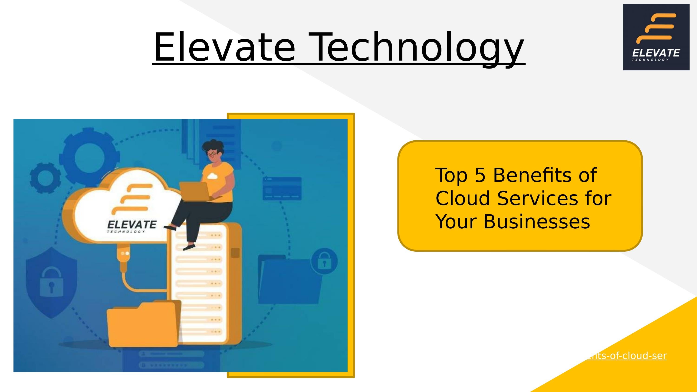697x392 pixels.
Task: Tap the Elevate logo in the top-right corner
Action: click(656, 37)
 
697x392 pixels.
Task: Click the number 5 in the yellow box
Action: click(480, 175)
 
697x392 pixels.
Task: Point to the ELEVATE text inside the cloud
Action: click(132, 224)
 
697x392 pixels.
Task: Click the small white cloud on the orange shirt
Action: click(212, 176)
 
